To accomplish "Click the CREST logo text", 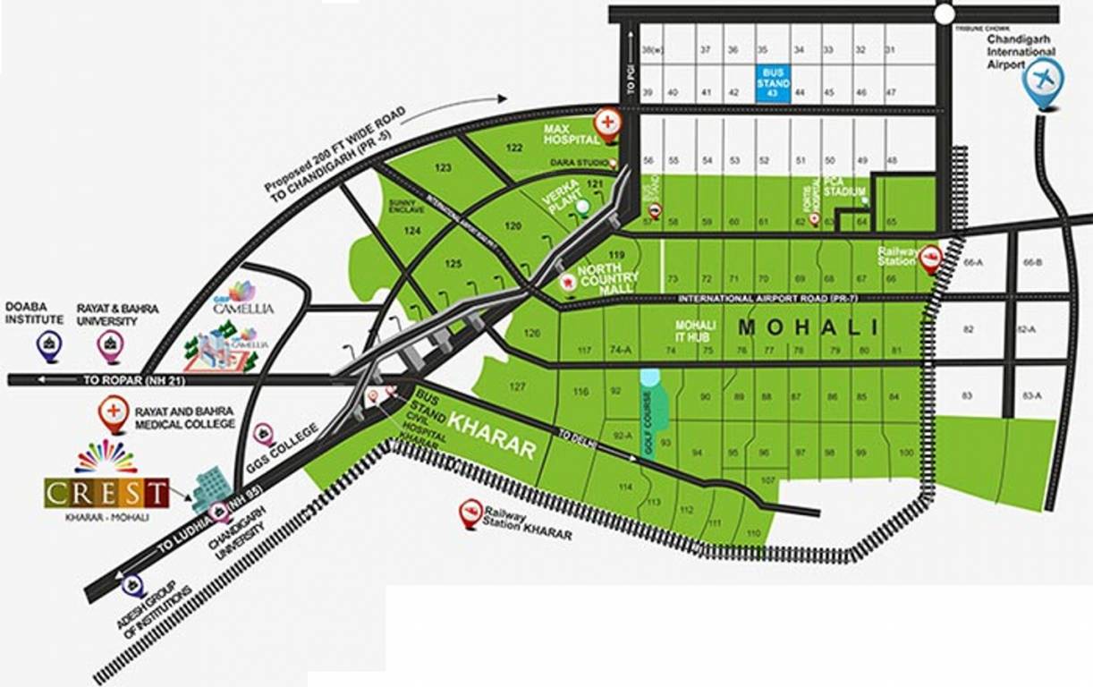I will (106, 492).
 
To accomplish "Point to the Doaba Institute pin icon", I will (47, 343).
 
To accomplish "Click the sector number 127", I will (516, 387).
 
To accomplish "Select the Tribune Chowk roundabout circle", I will (945, 13).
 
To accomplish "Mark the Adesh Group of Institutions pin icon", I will (133, 586).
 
